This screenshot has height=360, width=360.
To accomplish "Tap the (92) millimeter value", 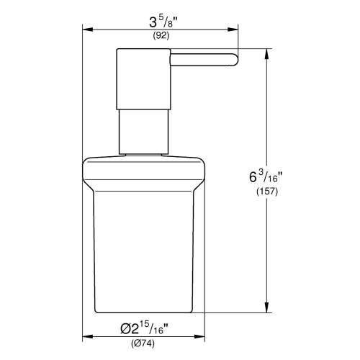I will pos(160,36).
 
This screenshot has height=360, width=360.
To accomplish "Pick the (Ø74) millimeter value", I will pos(157,343).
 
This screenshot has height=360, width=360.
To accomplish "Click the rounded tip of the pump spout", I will pos(235,61).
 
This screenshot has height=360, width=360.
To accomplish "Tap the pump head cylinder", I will pos(141,78).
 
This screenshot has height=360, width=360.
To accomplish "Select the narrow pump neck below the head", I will pos(141,130).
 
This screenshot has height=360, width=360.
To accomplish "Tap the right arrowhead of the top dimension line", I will pos(236,30).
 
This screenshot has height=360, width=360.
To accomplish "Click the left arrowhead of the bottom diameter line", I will pos(86,336).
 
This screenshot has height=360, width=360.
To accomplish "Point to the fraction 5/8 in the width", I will pos(167,22).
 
